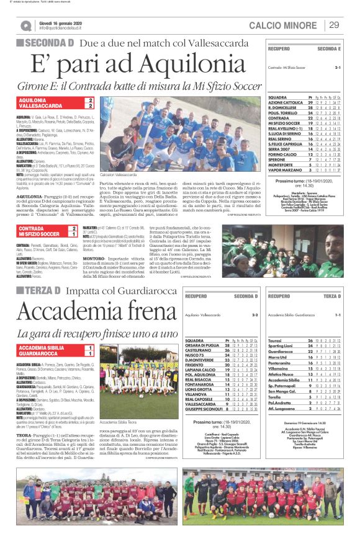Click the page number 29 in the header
coord(334,25)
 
